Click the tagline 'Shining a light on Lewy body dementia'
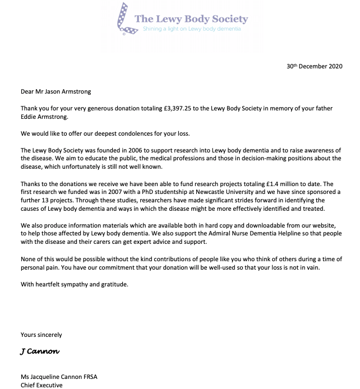point(192,29)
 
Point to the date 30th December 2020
point(313,66)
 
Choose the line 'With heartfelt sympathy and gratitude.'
point(75,284)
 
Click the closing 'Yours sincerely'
point(41,335)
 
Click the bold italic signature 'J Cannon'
point(40,351)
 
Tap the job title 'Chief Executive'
point(41,385)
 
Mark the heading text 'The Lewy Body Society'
point(191,18)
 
